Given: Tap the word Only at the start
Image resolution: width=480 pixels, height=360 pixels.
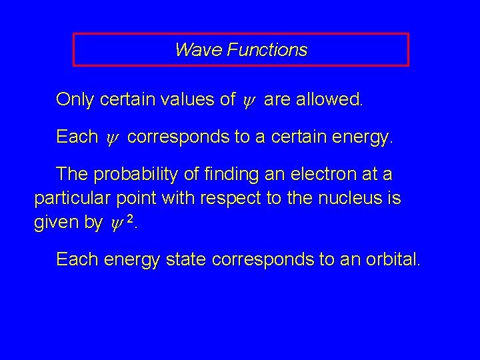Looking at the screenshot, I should click(x=75, y=101).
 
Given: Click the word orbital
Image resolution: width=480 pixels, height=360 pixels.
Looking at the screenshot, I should click(x=395, y=259).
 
